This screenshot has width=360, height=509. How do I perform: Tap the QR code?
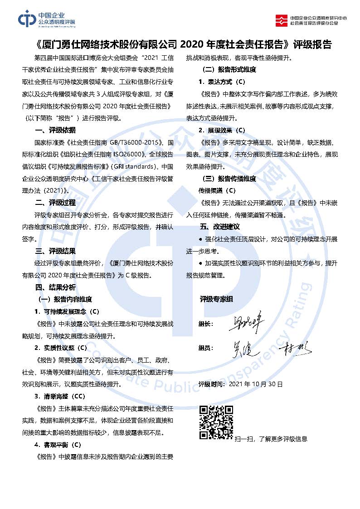(x=216, y=422)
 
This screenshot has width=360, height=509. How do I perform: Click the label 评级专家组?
(x=216, y=299)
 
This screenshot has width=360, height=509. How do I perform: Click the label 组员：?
(x=206, y=348)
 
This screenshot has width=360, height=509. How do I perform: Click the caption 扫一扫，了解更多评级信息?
(x=271, y=439)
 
